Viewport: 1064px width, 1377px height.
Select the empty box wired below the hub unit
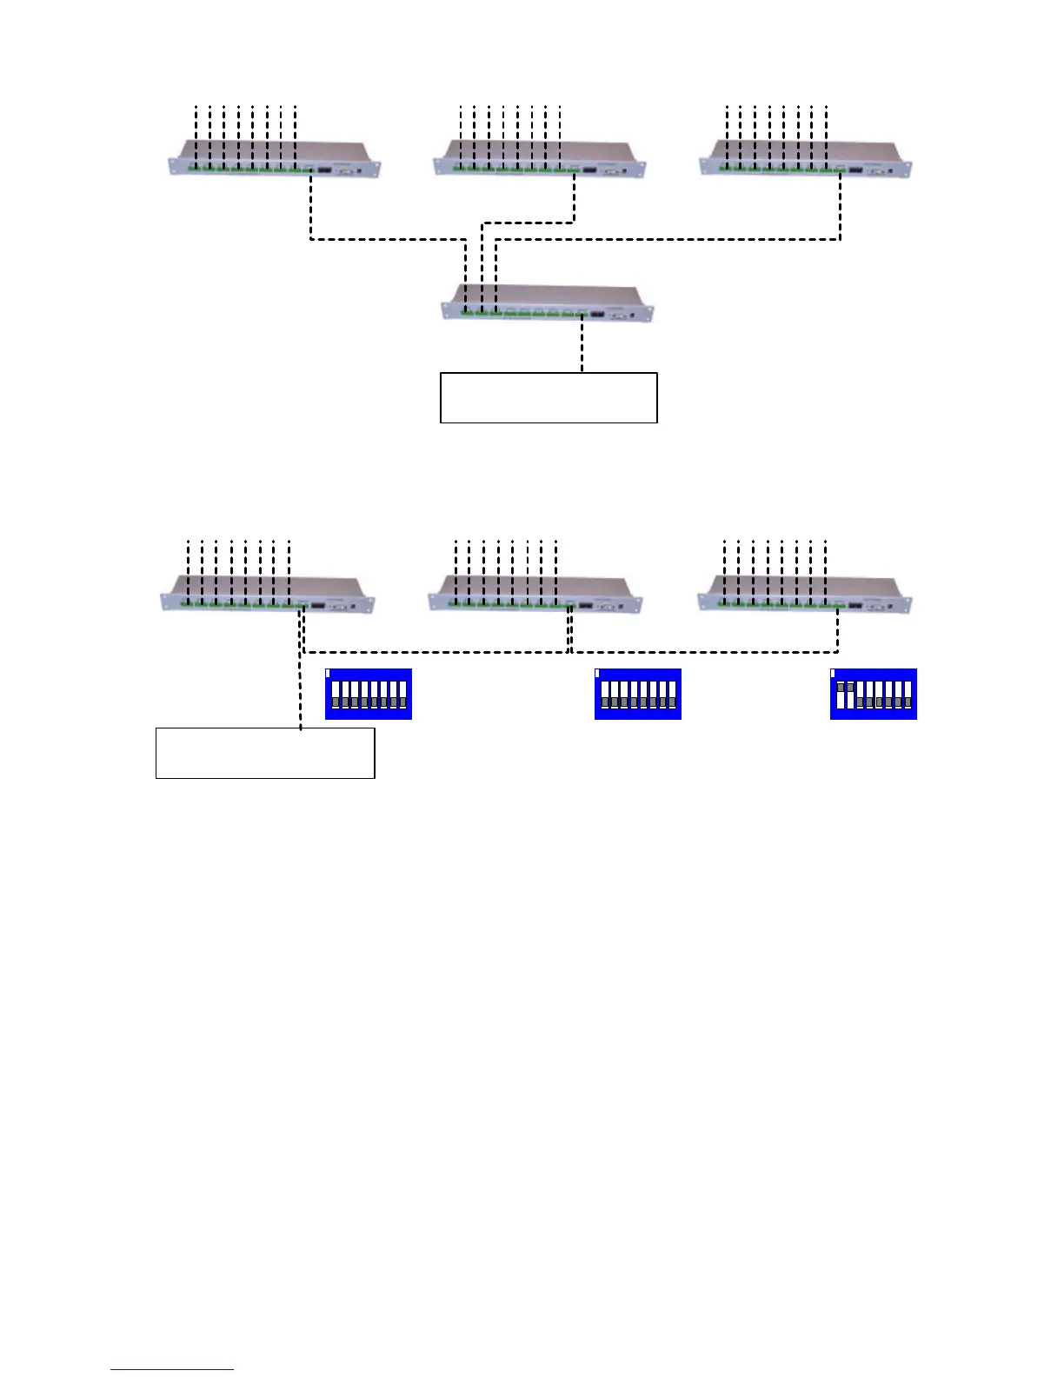pyautogui.click(x=548, y=397)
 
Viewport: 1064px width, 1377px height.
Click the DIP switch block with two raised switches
pyautogui.click(x=873, y=694)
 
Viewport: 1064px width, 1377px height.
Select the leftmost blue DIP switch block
pyautogui.click(x=368, y=694)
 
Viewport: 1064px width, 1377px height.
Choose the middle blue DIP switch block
pyautogui.click(x=637, y=694)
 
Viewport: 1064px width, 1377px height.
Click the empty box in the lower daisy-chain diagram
pyautogui.click(x=264, y=753)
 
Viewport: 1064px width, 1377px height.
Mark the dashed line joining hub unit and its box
pyautogui.click(x=582, y=348)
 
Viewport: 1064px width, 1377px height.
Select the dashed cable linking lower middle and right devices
pyautogui.click(x=704, y=651)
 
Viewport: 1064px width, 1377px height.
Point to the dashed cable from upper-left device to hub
pyautogui.click(x=387, y=239)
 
